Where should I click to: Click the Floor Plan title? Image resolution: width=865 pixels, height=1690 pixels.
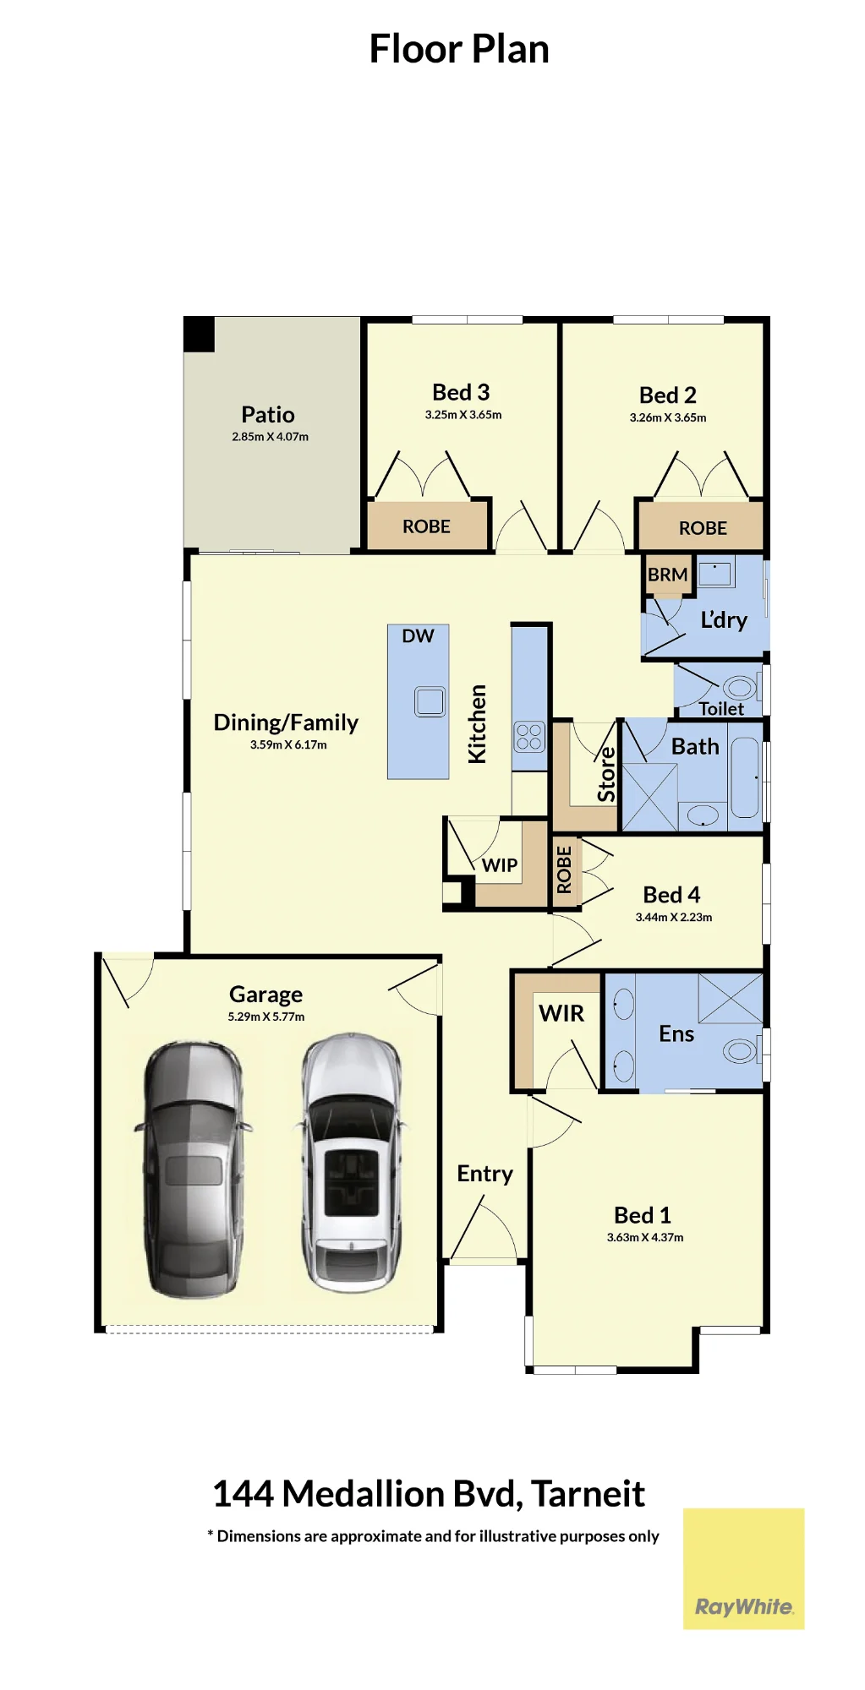459,49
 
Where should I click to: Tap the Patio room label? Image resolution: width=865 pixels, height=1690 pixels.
268,414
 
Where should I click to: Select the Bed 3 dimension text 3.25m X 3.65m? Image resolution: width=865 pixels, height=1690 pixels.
463,415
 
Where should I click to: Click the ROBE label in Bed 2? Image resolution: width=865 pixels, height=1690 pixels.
703,528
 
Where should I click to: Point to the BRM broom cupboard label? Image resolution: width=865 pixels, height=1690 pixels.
667,575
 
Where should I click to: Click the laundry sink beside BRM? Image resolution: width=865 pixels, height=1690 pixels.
715,572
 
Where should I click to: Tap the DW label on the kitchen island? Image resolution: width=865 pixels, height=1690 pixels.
418,636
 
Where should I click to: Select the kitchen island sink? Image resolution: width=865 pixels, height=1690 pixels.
430,701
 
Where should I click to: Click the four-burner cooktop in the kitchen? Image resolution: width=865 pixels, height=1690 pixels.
529,737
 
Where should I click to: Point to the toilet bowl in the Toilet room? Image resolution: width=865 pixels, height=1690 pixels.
740,688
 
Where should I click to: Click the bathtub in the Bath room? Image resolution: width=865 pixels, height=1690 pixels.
745,777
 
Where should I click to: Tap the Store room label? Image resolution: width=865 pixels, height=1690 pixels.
606,774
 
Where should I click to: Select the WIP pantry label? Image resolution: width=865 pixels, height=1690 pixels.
500,865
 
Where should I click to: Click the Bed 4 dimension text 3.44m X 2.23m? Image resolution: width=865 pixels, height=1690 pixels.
674,918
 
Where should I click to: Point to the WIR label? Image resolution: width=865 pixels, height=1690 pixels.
561,1013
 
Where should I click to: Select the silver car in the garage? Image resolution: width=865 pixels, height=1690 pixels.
352,1162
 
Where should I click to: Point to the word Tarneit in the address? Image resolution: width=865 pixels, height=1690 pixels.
589,1494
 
